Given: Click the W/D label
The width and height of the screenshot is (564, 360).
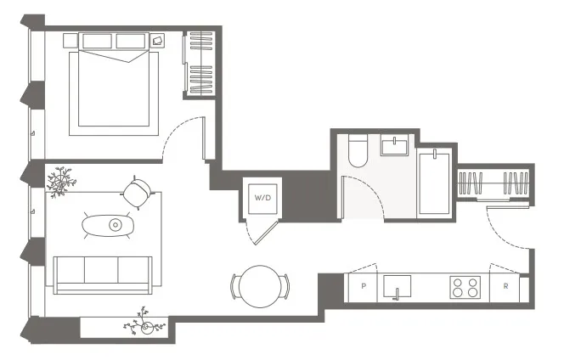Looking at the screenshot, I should (262, 199).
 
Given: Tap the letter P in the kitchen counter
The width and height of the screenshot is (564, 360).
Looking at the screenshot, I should (364, 287).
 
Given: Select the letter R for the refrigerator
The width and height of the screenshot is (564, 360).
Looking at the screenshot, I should (505, 287).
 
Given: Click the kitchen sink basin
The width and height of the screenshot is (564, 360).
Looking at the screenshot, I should (398, 285).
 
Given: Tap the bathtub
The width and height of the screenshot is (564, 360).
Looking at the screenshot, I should (434, 182).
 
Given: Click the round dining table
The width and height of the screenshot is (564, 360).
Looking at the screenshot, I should (259, 287).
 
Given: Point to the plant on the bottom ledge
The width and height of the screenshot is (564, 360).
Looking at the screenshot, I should (140, 326).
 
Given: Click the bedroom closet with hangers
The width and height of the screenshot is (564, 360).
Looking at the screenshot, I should (200, 64).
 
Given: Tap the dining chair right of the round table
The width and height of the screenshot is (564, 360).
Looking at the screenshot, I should (286, 286).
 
